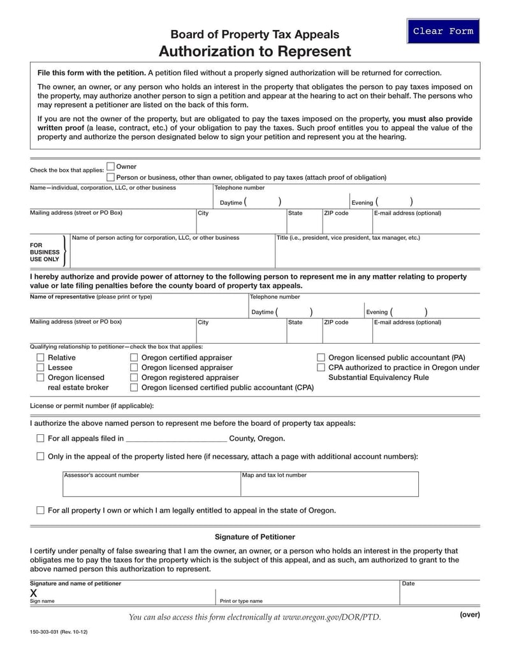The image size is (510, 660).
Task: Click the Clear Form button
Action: [x=443, y=31]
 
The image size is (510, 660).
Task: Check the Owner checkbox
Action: [x=111, y=166]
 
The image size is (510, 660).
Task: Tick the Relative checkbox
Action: [x=41, y=358]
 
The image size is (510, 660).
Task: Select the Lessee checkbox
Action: [x=41, y=368]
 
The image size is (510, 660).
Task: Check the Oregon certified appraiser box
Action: [x=134, y=358]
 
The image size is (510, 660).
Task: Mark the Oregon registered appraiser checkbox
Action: [x=134, y=378]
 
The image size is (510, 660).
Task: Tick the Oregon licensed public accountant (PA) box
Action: [x=321, y=358]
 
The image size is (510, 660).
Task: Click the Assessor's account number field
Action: [x=151, y=487]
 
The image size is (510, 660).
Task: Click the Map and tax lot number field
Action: [x=329, y=487]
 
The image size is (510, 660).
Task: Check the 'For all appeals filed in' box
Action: [x=41, y=439]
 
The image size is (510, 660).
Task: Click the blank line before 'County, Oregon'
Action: [x=177, y=439]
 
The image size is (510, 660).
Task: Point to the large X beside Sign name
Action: [x=34, y=592]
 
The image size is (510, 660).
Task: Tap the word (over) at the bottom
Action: [x=469, y=615]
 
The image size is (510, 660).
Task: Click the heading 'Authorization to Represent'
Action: [x=254, y=51]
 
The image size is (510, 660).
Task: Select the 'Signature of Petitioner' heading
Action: [x=254, y=537]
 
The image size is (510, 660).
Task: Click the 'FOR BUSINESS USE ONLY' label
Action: [x=45, y=252]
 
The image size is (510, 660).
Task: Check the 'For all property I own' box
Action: [x=41, y=510]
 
